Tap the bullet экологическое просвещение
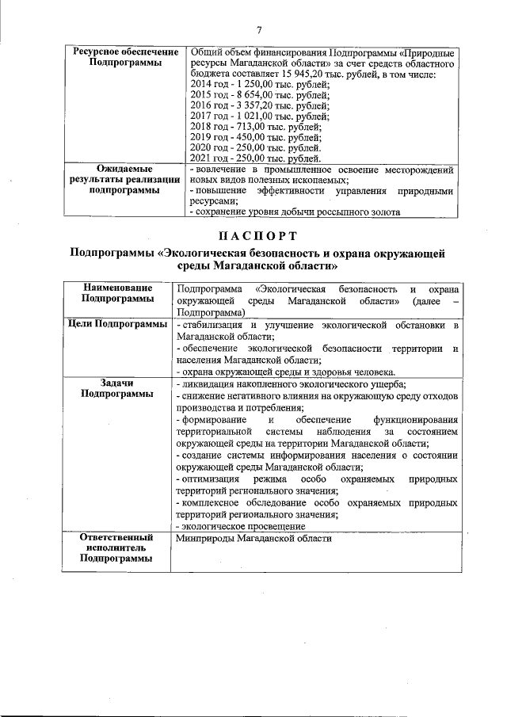point(241,525)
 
